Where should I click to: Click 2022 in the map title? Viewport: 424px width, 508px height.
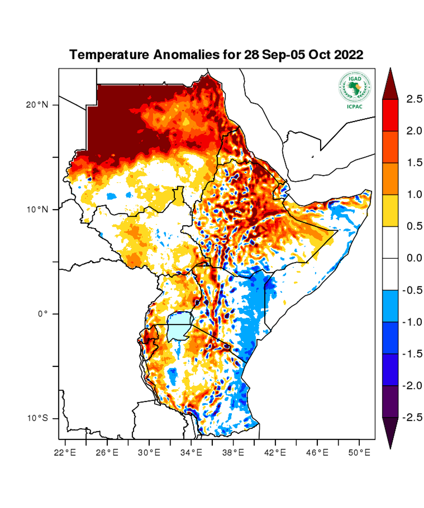pyautogui.click(x=348, y=55)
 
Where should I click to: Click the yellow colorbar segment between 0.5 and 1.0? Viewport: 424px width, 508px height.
pyautogui.click(x=390, y=210)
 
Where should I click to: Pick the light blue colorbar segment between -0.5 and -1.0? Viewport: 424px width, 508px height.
pyautogui.click(x=390, y=306)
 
